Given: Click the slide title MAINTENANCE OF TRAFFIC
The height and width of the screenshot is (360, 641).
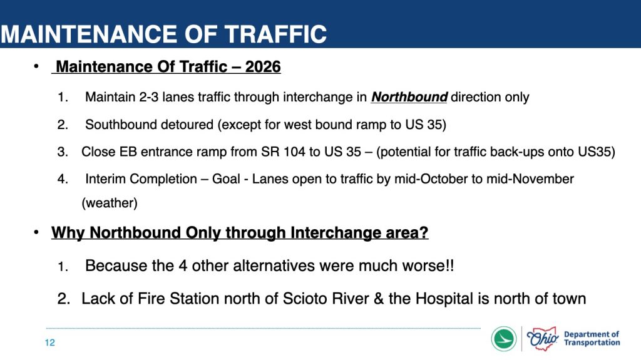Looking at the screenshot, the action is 163,34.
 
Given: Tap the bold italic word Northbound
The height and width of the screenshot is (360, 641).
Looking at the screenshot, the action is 409,97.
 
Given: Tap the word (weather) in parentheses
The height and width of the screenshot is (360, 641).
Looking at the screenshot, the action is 110,203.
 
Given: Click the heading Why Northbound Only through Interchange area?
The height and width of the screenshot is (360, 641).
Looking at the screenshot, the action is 240,232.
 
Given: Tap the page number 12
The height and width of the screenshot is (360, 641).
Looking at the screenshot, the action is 50,342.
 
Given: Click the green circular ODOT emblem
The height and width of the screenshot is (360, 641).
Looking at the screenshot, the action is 504,339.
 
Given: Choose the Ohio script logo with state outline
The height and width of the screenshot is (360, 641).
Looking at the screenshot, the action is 543,338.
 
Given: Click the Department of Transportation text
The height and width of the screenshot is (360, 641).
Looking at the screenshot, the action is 592,338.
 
